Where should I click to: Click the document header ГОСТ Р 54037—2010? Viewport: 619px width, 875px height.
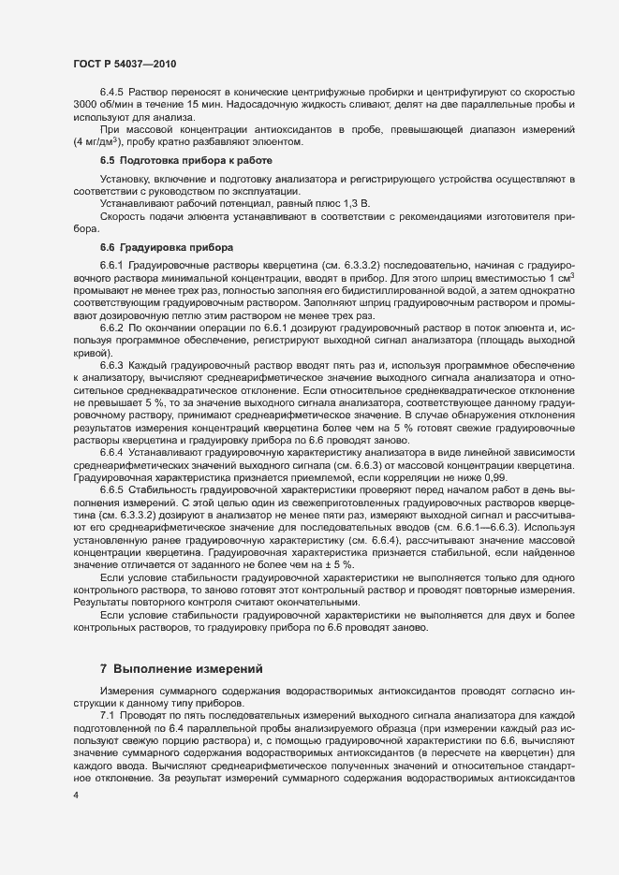tap(125, 64)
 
